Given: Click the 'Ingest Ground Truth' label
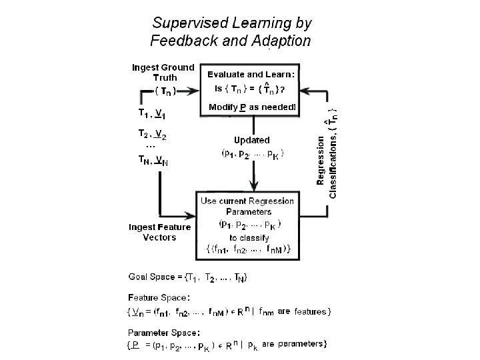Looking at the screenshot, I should click(x=163, y=72).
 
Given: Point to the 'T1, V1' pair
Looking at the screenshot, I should click(x=152, y=113).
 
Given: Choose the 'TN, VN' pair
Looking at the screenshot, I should click(x=153, y=160).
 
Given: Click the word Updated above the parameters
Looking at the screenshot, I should click(x=252, y=140).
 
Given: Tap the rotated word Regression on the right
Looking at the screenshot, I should click(x=321, y=160).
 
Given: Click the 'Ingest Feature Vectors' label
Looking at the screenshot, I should click(x=159, y=232).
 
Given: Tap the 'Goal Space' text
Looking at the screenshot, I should click(x=152, y=277).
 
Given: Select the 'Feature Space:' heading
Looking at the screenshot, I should click(x=159, y=297).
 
